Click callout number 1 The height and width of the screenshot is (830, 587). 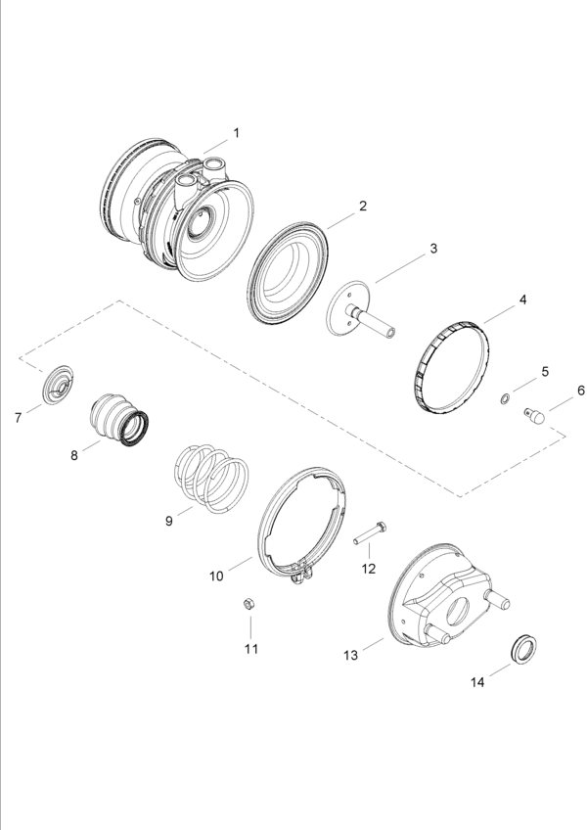[235, 131]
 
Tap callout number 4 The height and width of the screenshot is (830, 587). [522, 299]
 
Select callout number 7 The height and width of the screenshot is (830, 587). [18, 418]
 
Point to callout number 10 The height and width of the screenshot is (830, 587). [216, 576]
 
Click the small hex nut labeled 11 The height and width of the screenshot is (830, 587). [249, 604]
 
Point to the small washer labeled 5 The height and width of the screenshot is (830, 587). [504, 398]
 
